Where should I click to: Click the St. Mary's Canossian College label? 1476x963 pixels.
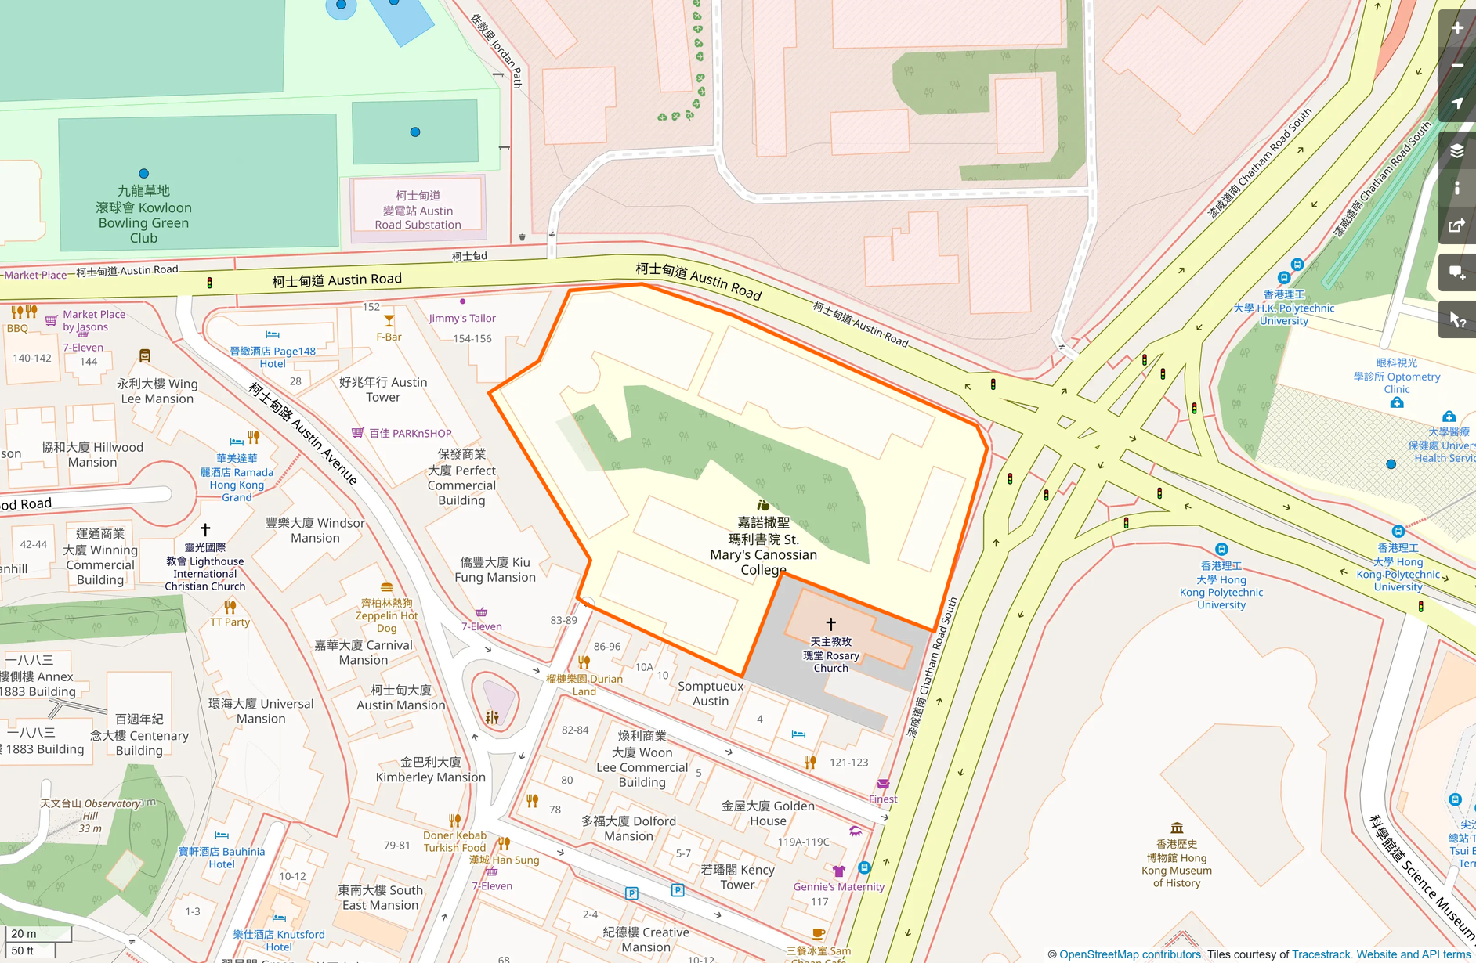click(x=763, y=546)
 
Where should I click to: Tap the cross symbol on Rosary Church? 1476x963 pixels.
click(x=830, y=624)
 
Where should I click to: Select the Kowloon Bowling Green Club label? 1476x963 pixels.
click(x=143, y=215)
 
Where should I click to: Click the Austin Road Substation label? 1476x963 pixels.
click(x=418, y=210)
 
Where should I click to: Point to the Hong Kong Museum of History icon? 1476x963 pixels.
click(x=1176, y=828)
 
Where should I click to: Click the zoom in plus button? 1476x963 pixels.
click(x=1456, y=28)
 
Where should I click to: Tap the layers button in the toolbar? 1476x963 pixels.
click(x=1456, y=151)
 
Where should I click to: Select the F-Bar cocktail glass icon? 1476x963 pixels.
click(x=389, y=321)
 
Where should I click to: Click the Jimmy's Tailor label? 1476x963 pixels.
click(x=462, y=318)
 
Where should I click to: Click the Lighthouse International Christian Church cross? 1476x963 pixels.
click(x=205, y=530)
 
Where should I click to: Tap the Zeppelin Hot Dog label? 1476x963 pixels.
click(x=386, y=615)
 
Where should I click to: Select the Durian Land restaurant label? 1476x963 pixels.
click(x=584, y=684)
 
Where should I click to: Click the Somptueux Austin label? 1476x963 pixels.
click(x=711, y=694)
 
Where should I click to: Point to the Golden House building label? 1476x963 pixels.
click(x=768, y=813)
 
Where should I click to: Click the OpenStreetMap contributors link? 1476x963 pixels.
click(x=1130, y=954)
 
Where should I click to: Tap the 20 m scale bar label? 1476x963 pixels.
click(x=24, y=933)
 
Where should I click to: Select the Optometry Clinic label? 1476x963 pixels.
click(x=1397, y=376)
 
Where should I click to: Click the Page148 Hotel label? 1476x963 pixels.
click(x=273, y=357)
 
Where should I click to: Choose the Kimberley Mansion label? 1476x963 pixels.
click(x=430, y=770)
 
